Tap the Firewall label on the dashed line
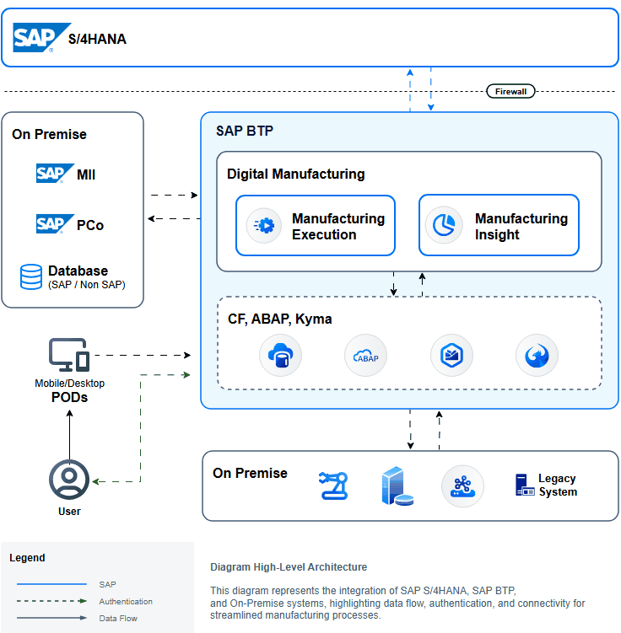(x=510, y=91)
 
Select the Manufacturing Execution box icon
(x=264, y=225)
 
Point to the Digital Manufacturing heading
(x=295, y=174)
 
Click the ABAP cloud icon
(x=365, y=356)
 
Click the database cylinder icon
(x=31, y=276)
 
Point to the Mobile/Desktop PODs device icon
(x=69, y=356)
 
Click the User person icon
(x=69, y=480)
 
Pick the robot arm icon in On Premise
(x=333, y=485)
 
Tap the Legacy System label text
(x=558, y=485)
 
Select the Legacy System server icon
(x=523, y=485)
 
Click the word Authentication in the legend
(x=126, y=602)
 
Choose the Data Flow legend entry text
(x=118, y=619)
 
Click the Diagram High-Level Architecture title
(x=289, y=567)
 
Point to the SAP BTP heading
(x=245, y=131)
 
